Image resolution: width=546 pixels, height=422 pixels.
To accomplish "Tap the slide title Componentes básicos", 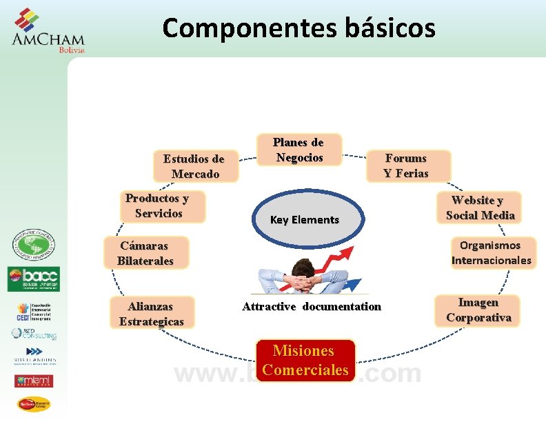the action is pyautogui.click(x=299, y=28).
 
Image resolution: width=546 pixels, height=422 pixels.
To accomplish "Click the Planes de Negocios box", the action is pyautogui.click(x=299, y=150).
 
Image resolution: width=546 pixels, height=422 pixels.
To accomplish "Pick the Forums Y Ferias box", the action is pyautogui.click(x=406, y=166).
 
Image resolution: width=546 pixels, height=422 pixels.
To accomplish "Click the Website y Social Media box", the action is pyautogui.click(x=480, y=208).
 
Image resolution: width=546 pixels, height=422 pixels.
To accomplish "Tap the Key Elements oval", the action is pyautogui.click(x=304, y=220).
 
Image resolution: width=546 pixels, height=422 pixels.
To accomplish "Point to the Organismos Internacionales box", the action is pyautogui.click(x=491, y=252).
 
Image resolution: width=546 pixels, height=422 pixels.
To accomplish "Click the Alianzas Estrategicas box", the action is pyautogui.click(x=152, y=313).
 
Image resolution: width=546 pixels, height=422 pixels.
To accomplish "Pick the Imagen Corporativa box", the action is pyautogui.click(x=478, y=310).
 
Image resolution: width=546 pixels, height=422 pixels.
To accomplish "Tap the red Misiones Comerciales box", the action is pyautogui.click(x=305, y=361).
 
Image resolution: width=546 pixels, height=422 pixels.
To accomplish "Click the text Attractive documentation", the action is pyautogui.click(x=311, y=306).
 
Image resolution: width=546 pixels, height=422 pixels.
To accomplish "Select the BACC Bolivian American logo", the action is pyautogui.click(x=33, y=279).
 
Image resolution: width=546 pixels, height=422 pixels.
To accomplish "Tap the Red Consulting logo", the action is pyautogui.click(x=33, y=334).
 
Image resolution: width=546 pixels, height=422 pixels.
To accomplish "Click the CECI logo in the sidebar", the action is pyautogui.click(x=34, y=311).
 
